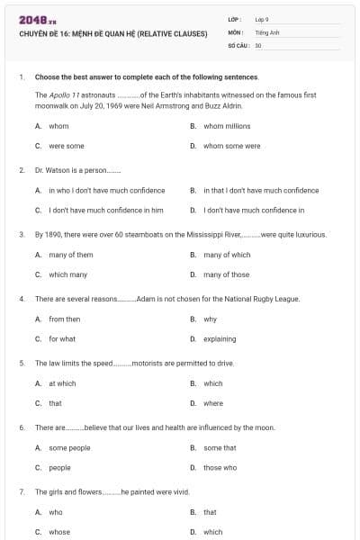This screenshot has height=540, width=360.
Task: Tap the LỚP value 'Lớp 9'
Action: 263,19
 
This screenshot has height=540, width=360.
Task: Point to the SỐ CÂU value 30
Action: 258,44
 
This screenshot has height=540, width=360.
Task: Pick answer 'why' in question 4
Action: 210,319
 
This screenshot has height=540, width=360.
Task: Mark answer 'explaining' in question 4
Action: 220,338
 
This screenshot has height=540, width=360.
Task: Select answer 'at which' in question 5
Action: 63,383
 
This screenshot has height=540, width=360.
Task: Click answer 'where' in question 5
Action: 213,403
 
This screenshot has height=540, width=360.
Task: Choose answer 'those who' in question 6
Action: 220,467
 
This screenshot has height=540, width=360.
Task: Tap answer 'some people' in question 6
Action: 70,447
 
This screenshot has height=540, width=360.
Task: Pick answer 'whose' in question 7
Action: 59,532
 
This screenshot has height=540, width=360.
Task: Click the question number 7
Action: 21,492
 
